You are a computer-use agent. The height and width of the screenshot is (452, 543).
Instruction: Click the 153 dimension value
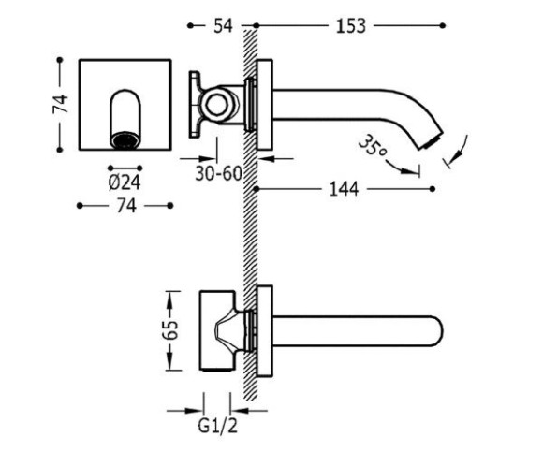pyautogui.click(x=350, y=26)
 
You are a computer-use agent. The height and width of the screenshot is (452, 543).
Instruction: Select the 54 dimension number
pyautogui.click(x=223, y=26)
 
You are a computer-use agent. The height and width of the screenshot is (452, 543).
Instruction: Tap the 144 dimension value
pyautogui.click(x=344, y=189)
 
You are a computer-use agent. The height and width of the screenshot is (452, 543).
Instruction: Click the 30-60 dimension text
pyautogui.click(x=218, y=173)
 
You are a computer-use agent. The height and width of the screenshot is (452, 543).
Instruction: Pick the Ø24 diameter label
pyautogui.click(x=125, y=182)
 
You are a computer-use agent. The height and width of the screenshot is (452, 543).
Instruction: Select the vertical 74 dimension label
pyautogui.click(x=61, y=104)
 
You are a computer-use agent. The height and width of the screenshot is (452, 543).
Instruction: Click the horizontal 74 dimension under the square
pyautogui.click(x=126, y=206)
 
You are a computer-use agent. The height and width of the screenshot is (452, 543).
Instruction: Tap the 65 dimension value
pyautogui.click(x=172, y=329)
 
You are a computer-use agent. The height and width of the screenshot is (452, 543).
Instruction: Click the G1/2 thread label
pyautogui.click(x=218, y=426)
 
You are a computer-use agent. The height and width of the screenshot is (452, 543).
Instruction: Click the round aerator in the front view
pyautogui.click(x=125, y=141)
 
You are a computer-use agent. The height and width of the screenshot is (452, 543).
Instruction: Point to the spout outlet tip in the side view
pyautogui.click(x=432, y=141)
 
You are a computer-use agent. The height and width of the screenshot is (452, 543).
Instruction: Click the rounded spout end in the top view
pyautogui.click(x=438, y=331)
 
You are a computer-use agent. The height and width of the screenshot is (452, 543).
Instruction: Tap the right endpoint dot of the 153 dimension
pyautogui.click(x=442, y=25)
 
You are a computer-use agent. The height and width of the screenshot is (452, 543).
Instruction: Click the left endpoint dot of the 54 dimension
pyautogui.click(x=190, y=25)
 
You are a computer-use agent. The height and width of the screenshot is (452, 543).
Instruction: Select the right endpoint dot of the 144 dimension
pyautogui.click(x=432, y=189)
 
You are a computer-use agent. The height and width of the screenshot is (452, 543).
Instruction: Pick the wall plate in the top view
pyautogui.click(x=265, y=331)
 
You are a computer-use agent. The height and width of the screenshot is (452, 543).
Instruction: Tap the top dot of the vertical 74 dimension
pyautogui.click(x=60, y=60)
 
